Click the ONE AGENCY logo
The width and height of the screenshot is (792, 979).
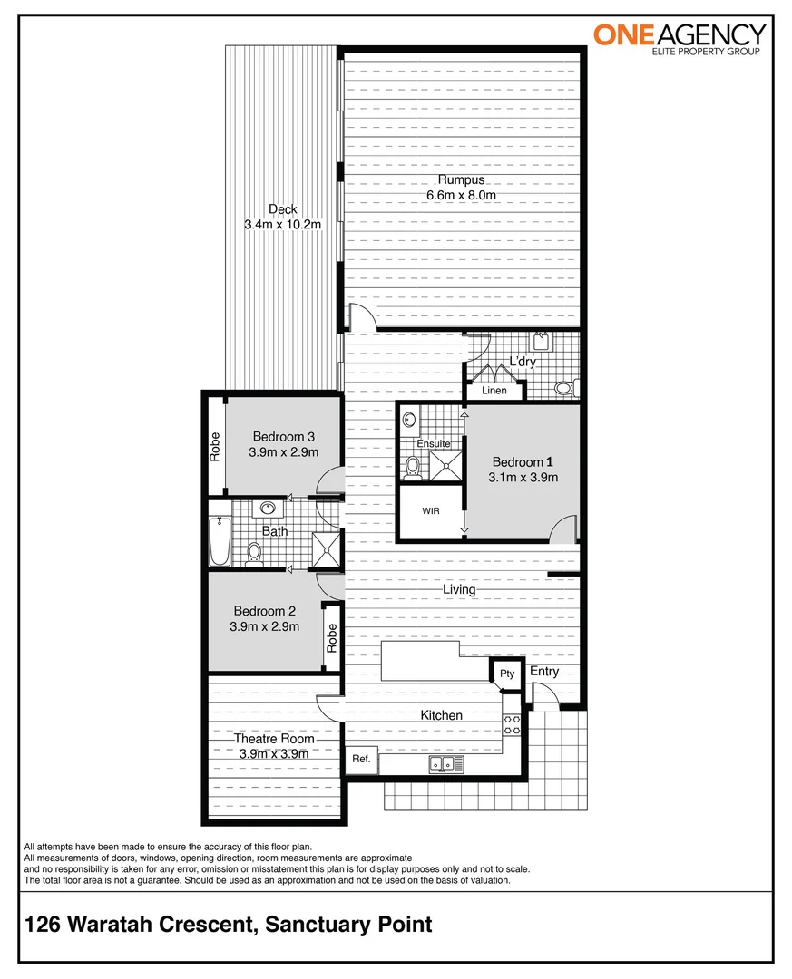680,38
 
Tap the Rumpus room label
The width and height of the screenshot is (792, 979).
462,179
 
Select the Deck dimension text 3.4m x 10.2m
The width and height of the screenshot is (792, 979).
283,224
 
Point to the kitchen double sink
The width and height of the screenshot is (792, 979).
445,764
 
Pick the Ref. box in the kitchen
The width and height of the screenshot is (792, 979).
360,760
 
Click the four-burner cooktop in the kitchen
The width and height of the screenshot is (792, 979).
512,724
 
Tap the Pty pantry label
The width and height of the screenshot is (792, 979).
507,674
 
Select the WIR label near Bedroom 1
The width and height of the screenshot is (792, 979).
431,511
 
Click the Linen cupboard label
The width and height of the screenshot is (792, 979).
494,391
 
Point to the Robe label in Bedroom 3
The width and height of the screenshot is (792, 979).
215,445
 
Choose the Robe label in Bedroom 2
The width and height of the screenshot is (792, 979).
332,638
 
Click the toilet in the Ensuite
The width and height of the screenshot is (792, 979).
413,466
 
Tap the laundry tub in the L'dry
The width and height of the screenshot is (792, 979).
543,342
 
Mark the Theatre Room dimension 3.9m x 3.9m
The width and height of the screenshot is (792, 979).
274,753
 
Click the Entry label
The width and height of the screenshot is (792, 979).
544,672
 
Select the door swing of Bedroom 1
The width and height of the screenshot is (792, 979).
564,528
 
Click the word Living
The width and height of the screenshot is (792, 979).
459,589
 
